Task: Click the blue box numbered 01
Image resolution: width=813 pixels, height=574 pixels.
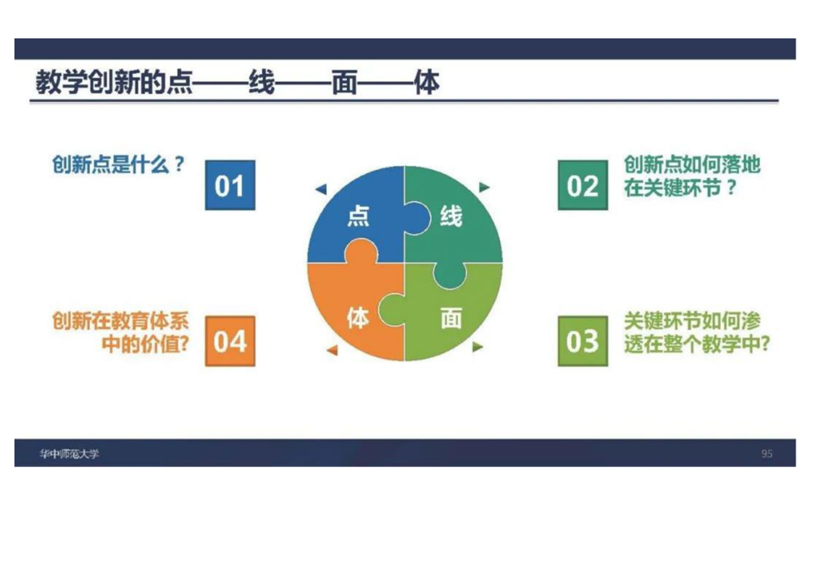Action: [230, 185]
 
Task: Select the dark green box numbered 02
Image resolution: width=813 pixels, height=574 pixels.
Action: [583, 185]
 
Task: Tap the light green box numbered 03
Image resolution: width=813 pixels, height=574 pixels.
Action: [583, 341]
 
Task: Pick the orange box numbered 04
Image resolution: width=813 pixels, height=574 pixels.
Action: [230, 341]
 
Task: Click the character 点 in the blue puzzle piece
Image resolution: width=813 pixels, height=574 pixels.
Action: [358, 216]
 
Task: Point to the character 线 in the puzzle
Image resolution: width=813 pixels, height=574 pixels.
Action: [451, 216]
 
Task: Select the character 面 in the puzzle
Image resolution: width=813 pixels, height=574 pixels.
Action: [451, 318]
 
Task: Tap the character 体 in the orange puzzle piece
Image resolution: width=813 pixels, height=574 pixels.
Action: [358, 318]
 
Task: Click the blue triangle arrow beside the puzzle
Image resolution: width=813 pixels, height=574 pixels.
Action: [322, 189]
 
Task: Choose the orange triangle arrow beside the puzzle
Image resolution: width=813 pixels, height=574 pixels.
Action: [333, 350]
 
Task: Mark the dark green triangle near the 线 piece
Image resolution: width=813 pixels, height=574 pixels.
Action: [484, 187]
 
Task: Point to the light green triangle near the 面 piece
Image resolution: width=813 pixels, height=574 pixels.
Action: [478, 347]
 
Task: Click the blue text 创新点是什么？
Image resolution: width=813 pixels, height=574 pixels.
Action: [118, 165]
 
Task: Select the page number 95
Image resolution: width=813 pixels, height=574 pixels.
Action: [767, 454]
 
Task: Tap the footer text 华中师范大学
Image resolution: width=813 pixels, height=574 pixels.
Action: [69, 454]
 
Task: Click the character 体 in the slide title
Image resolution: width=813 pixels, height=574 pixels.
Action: [427, 83]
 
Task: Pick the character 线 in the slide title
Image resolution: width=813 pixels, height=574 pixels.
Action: [262, 83]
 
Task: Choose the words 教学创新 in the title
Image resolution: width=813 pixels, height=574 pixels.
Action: [88, 83]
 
